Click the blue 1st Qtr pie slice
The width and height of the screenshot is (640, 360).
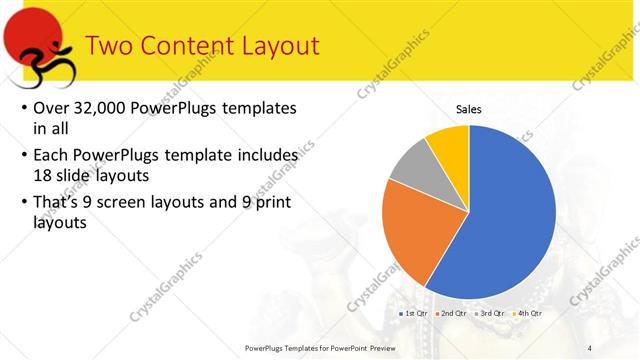tap(510, 220)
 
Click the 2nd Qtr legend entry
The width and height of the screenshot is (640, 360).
tap(452, 313)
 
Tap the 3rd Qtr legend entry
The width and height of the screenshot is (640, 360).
tap(490, 313)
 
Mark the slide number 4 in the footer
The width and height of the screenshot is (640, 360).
tap(590, 347)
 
